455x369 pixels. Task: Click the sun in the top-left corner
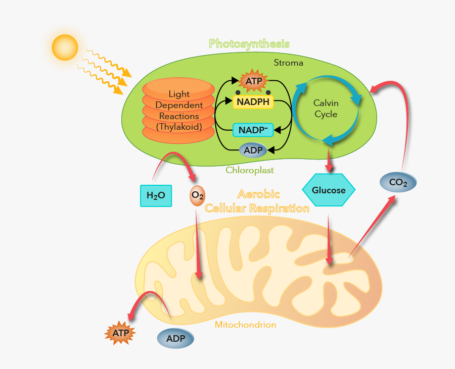(65, 47)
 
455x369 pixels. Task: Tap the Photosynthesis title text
(249, 43)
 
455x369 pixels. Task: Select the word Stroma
(288, 63)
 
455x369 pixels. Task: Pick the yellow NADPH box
(253, 102)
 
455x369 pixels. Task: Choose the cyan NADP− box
(253, 130)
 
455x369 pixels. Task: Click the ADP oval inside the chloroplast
(253, 150)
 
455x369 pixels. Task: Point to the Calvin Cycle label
(326, 109)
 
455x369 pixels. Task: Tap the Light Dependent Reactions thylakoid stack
(179, 110)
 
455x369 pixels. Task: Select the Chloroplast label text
(250, 170)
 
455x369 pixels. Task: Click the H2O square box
(156, 195)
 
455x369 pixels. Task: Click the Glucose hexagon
(329, 190)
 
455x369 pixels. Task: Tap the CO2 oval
(398, 182)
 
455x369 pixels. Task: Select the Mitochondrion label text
(245, 325)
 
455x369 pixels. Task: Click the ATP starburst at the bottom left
(120, 333)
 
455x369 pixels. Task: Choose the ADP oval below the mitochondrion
(175, 338)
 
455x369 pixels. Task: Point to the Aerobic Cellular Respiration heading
(257, 201)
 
